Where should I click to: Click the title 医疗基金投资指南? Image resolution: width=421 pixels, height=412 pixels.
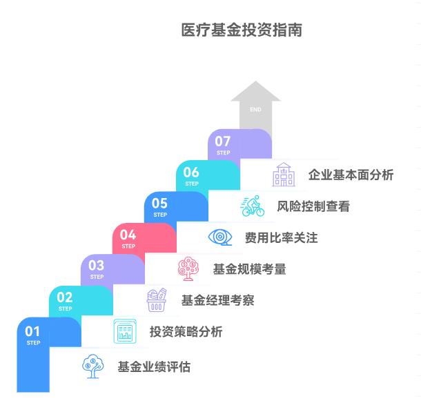point(241,31)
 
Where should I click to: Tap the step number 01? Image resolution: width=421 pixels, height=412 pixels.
point(33,332)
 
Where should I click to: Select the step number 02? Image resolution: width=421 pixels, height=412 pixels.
point(65,297)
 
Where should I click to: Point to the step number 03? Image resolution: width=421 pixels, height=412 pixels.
point(97,266)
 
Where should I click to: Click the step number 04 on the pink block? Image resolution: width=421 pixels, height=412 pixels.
point(128,235)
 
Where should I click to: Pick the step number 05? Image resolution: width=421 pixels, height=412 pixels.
point(160,203)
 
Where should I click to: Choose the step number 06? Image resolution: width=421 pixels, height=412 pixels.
point(192,173)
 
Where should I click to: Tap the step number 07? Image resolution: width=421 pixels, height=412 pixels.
point(223,141)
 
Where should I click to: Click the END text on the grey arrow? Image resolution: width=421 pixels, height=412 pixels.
point(255,110)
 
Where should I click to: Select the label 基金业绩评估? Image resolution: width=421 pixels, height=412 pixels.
point(154,367)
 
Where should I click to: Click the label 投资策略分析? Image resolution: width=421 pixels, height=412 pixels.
point(186,332)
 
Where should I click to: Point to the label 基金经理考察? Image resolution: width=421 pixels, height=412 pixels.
point(217,300)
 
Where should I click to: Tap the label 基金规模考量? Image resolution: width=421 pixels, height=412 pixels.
point(249,269)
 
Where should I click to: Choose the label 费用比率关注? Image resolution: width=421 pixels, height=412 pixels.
point(281,238)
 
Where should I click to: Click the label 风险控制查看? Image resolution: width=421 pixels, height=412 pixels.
point(313,206)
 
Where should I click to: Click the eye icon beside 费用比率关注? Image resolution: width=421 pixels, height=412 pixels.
point(221,237)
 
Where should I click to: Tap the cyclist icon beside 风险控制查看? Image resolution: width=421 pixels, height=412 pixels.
point(253,205)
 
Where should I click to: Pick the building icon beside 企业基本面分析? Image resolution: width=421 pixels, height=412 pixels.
point(284,175)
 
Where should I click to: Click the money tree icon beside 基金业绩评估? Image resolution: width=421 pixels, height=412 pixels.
point(91,366)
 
